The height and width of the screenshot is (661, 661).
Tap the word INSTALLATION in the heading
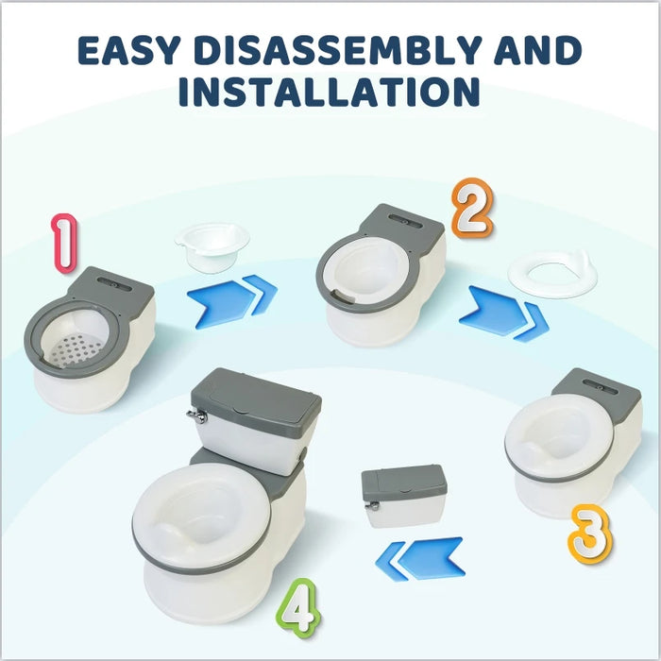point(330,93)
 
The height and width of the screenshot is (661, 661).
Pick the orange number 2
point(472,209)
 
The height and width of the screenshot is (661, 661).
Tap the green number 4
point(298,607)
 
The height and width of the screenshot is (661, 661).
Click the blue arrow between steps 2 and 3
point(503,314)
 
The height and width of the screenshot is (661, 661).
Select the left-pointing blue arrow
point(419,559)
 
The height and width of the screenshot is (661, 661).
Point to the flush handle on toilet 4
point(195,415)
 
